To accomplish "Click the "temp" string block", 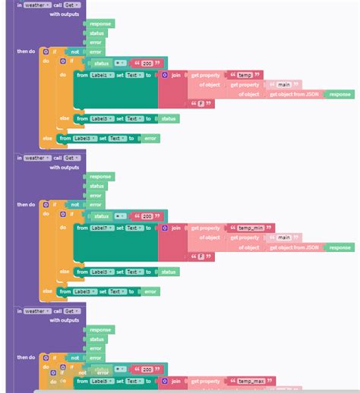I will [x=245, y=75].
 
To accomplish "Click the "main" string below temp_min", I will [x=284, y=237].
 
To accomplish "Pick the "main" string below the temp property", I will [x=284, y=85].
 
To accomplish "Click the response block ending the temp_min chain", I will [x=340, y=247].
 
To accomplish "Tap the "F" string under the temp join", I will [x=201, y=104].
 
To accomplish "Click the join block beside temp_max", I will [x=175, y=381].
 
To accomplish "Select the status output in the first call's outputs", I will [x=97, y=33].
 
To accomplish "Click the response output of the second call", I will [x=100, y=177].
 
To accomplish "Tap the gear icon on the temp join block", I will [x=165, y=76].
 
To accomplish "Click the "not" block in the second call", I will [x=75, y=205].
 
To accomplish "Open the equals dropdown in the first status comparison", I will [x=122, y=63].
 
